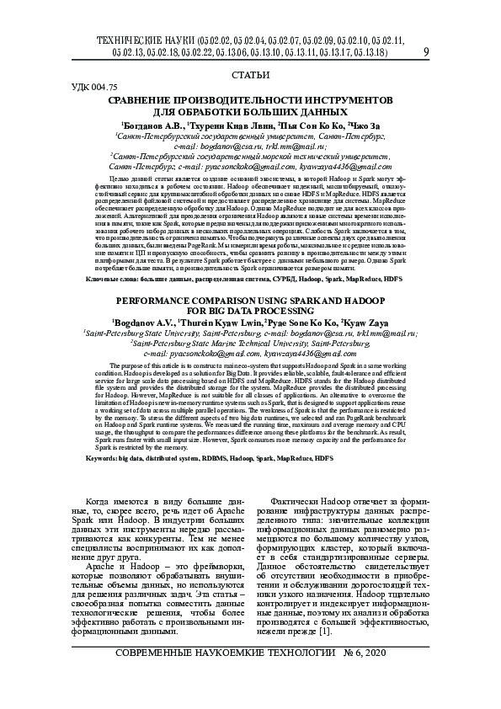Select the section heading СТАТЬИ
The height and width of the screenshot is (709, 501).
(249, 77)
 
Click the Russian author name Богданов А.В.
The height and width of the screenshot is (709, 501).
(149, 124)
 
